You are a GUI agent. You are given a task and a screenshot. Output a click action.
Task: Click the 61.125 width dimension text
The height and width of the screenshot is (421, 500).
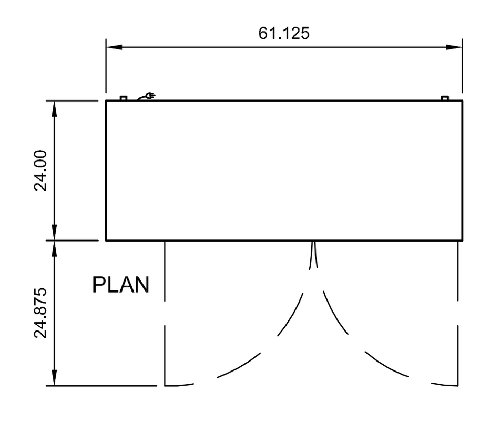[x=284, y=33]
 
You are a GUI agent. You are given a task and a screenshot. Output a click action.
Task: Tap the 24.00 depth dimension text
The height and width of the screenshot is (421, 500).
[x=40, y=171]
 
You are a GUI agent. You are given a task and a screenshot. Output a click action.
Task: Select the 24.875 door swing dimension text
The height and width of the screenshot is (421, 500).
[x=40, y=313]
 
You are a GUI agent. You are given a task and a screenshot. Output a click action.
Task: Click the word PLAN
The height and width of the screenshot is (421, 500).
[x=121, y=285]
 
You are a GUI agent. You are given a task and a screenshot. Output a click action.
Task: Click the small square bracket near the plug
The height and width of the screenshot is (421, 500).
[x=124, y=98]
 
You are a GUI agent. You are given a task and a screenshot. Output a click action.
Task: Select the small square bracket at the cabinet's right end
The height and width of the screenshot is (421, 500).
[x=445, y=98]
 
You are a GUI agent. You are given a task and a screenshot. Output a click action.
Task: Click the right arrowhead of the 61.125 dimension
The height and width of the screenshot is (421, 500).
[x=454, y=47]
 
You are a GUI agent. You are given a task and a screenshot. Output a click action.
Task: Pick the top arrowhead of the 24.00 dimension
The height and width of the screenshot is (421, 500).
[x=54, y=109]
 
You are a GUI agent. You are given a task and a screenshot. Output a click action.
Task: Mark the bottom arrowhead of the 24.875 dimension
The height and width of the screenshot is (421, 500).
[x=54, y=378]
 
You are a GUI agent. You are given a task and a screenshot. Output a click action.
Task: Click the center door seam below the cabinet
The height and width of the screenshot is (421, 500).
[x=313, y=255]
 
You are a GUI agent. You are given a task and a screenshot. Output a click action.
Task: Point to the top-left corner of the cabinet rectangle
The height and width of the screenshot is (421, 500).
[x=106, y=101]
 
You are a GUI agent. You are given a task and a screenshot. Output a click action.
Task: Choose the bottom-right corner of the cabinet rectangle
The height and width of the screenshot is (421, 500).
[x=462, y=240]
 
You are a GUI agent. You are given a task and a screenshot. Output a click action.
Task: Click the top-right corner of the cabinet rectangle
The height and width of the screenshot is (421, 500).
[x=462, y=101]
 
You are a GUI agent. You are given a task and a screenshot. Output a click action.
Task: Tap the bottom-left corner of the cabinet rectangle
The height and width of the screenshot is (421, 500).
[x=106, y=240]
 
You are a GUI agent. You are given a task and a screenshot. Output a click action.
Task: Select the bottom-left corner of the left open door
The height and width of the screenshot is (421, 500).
[x=165, y=386]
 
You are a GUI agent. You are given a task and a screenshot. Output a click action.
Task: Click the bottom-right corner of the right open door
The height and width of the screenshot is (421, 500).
[x=458, y=386]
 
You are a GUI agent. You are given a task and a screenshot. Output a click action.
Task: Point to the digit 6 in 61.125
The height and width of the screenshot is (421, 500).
[x=263, y=33]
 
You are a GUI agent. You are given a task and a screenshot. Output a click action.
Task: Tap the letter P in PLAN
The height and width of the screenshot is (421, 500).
[x=98, y=285]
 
